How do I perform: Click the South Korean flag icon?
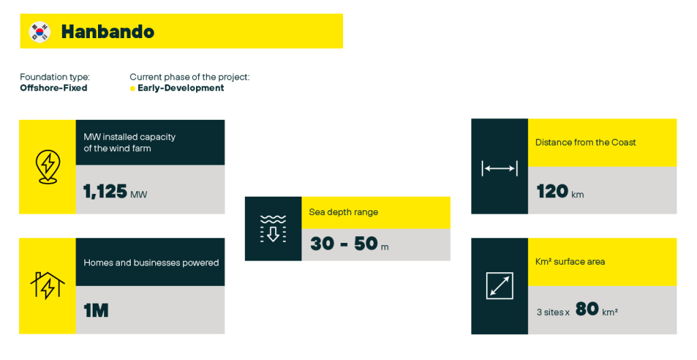pos(39,32)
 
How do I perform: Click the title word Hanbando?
pos(108,32)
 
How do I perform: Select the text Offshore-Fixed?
pos(53,88)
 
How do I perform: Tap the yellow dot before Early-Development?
pos(133,88)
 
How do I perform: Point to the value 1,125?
pos(106,191)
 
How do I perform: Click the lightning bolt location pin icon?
pos(48,167)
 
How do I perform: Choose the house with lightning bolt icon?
pos(48,285)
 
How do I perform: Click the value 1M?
pos(96,310)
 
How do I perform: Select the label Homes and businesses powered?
pos(151,263)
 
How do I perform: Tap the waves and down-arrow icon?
pos(273,229)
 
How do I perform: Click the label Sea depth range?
pos(344,212)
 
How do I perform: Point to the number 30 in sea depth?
pos(322,244)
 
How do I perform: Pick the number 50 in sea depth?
pos(366,244)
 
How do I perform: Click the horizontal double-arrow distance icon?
pos(500,169)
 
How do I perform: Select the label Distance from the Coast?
pos(585,142)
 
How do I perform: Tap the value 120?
pos(552,191)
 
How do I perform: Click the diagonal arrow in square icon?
pos(500,286)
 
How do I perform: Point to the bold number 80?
pos(587,309)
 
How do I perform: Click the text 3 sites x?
pos(553,312)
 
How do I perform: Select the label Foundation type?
pos(54,78)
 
